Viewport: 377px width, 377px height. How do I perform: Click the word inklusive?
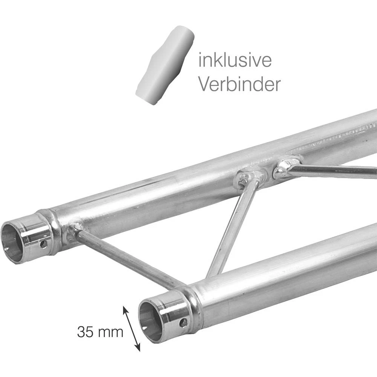234,61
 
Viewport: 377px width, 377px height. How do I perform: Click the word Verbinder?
239,85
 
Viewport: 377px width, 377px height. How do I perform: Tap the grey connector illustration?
165,64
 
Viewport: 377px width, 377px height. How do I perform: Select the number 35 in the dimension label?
86,333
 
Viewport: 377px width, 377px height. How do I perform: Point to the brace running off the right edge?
332,171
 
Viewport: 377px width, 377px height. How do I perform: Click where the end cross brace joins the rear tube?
74,229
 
